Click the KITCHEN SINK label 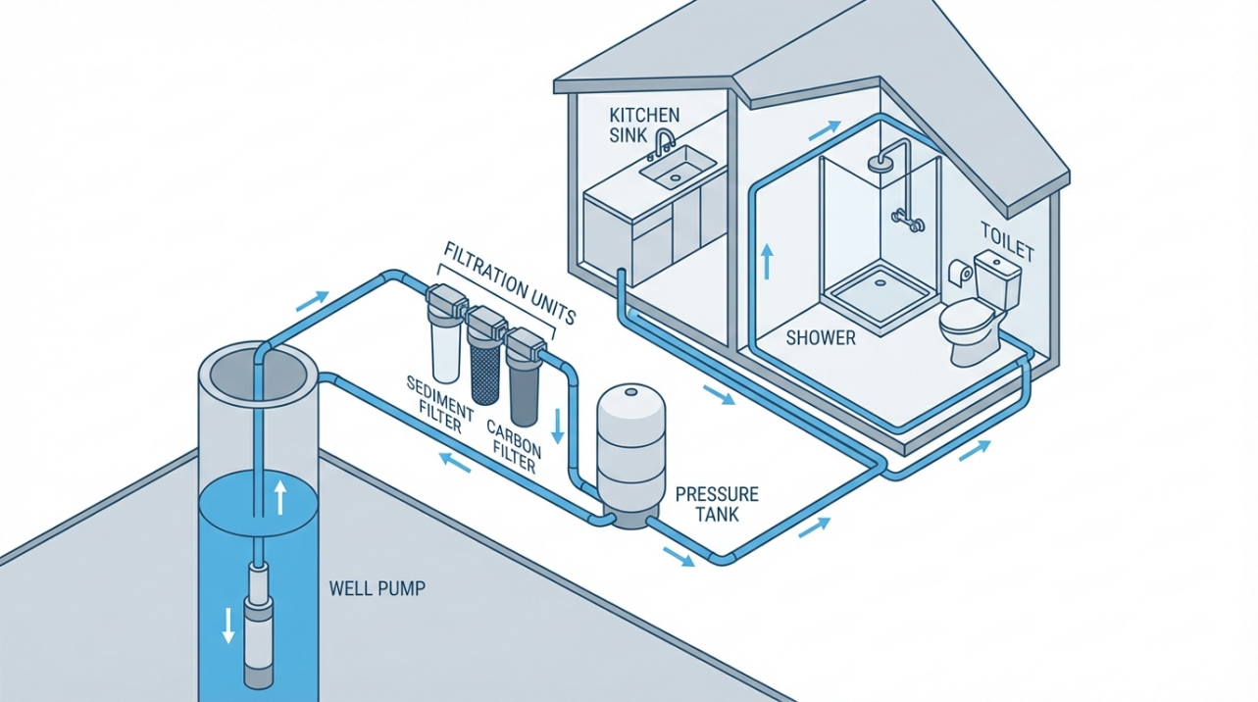(x=642, y=125)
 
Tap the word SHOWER (x=821, y=338)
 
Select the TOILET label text (x=1007, y=241)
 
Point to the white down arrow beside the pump (x=228, y=625)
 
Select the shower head (x=883, y=162)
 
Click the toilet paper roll (x=958, y=272)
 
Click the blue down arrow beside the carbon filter (x=558, y=425)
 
